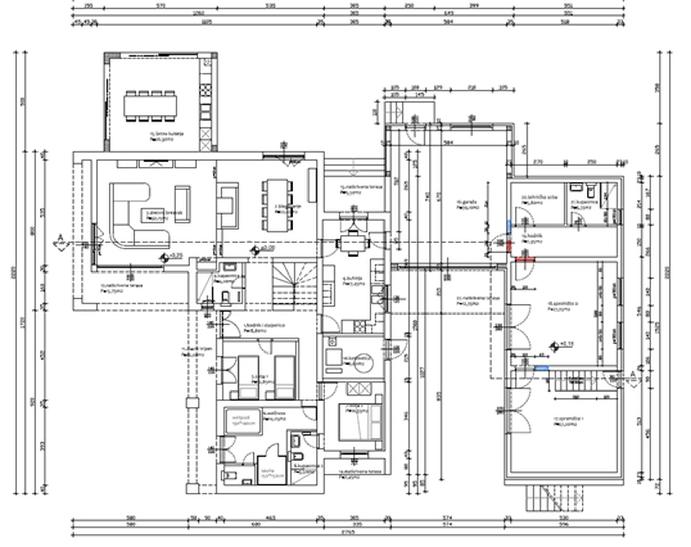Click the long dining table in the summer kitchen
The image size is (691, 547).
pyautogui.click(x=150, y=106)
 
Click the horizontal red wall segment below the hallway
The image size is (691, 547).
pyautogui.click(x=525, y=259)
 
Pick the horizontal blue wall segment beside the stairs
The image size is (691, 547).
pyautogui.click(x=541, y=368)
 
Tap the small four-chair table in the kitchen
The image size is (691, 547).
pyautogui.click(x=353, y=243)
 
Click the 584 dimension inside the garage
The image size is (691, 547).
pyautogui.click(x=448, y=142)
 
